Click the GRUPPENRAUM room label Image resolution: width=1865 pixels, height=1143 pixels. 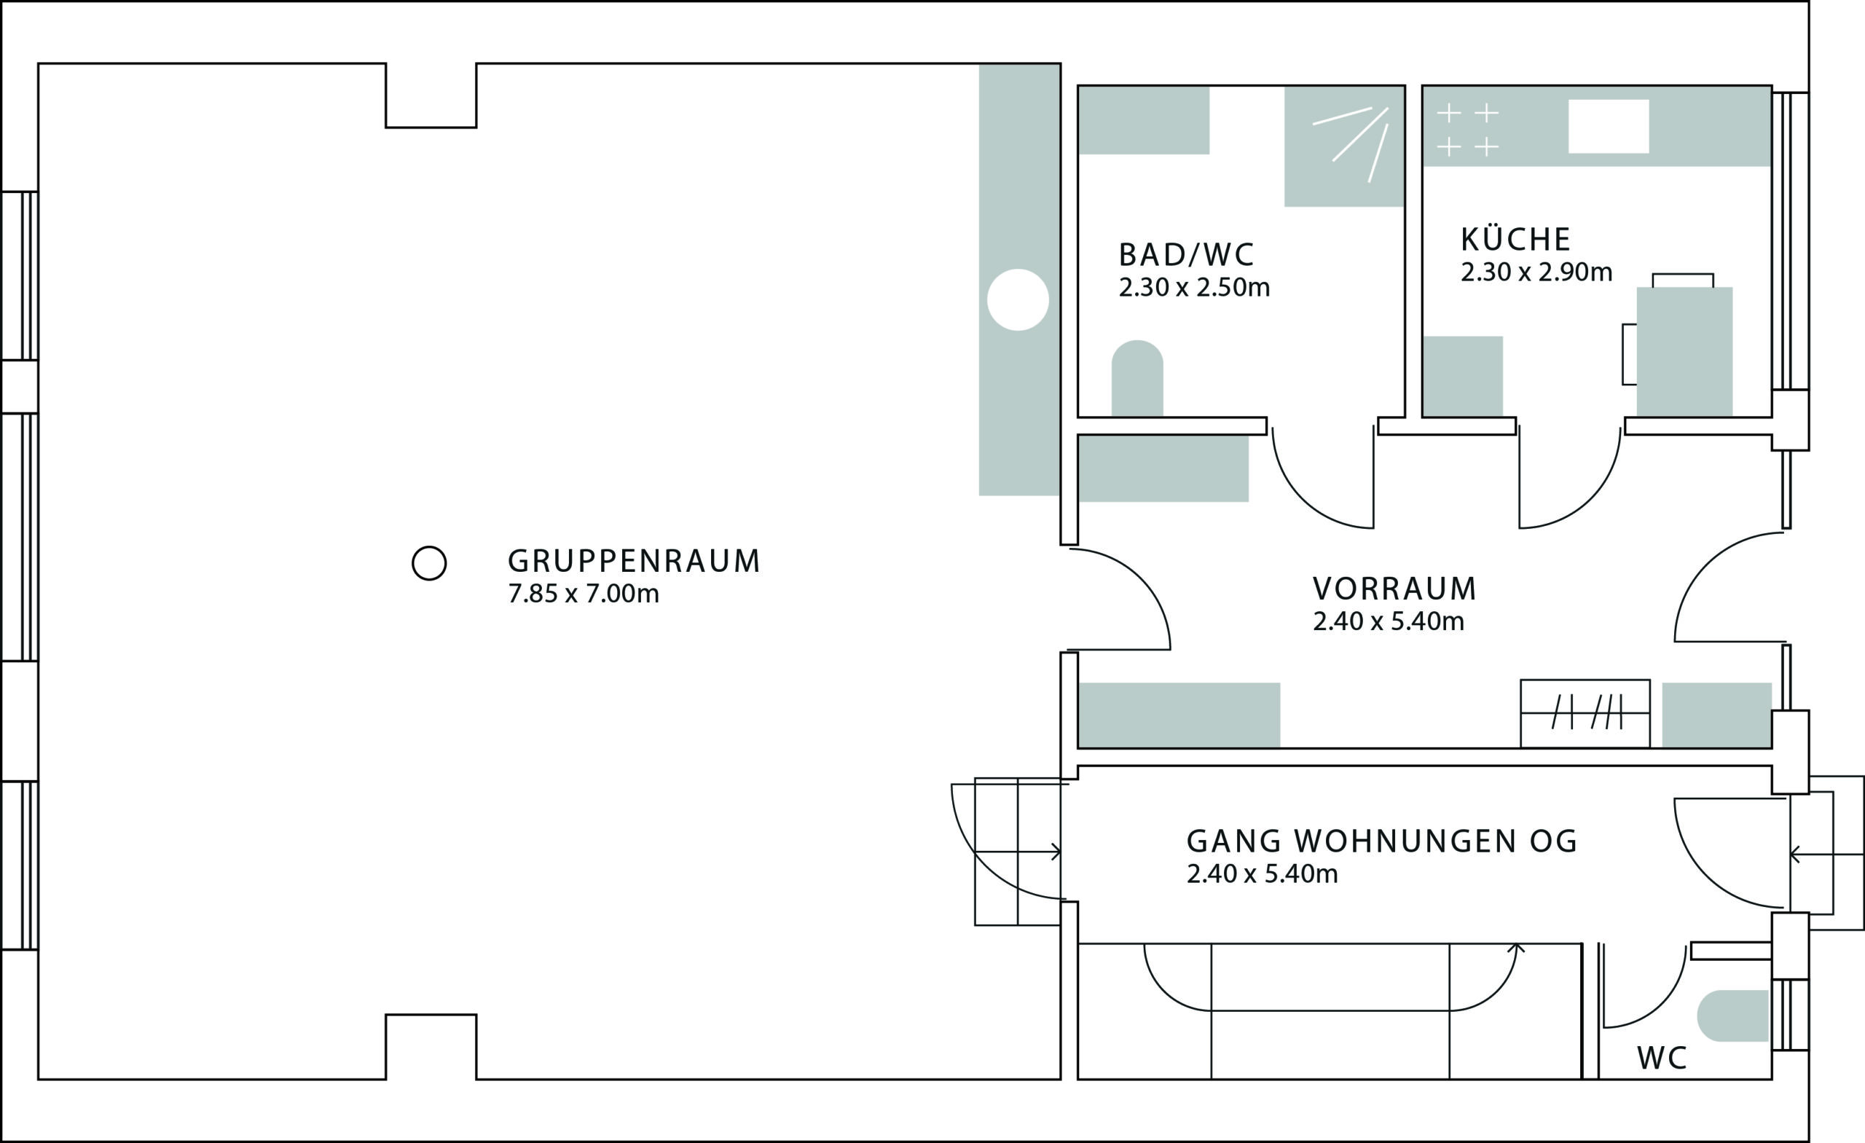(634, 562)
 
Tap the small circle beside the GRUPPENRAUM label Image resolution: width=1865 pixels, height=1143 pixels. (429, 563)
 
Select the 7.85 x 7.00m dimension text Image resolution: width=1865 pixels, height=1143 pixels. (584, 594)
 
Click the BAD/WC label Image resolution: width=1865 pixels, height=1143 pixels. (1186, 255)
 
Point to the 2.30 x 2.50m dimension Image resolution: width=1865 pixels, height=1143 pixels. (1194, 288)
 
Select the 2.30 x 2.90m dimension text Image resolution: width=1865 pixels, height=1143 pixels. (1536, 272)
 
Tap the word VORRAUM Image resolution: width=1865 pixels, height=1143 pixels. (1395, 588)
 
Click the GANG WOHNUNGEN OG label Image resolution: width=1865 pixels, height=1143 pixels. (1382, 841)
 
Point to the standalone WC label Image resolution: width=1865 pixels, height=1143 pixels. (1662, 1058)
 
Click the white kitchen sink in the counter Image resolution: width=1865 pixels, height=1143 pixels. (1609, 127)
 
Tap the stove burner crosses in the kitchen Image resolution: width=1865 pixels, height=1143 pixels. (1468, 130)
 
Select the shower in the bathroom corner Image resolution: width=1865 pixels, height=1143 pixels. (1344, 146)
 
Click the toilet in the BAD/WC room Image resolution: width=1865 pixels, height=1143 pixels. (1137, 377)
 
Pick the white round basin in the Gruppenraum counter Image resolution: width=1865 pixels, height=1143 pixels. (1018, 299)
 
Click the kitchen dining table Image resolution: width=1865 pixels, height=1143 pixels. (1685, 352)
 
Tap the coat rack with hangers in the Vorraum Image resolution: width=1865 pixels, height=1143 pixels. (1585, 713)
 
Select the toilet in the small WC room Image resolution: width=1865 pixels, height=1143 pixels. (1732, 1016)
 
